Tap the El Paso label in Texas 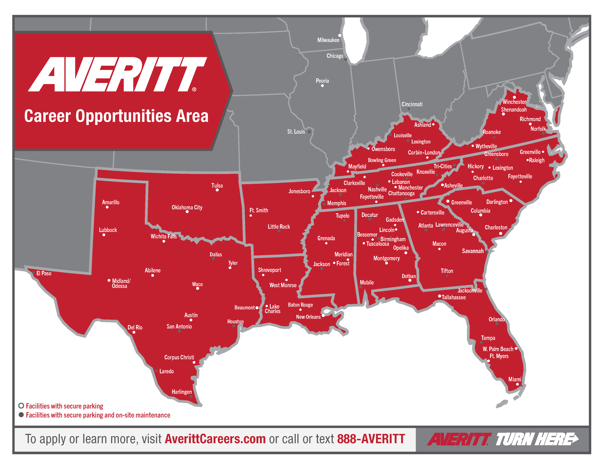pos(44,273)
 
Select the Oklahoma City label pos(187,207)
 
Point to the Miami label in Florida pos(515,379)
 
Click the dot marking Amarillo pos(107,207)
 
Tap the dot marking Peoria pos(322,86)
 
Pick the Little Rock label pos(279,227)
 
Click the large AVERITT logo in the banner pos(118,74)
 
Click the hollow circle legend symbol pos(21,406)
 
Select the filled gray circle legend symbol pos(21,415)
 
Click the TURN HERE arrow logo pos(537,439)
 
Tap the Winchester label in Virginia pos(514,102)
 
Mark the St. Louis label pos(296,132)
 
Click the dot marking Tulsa pos(217,190)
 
